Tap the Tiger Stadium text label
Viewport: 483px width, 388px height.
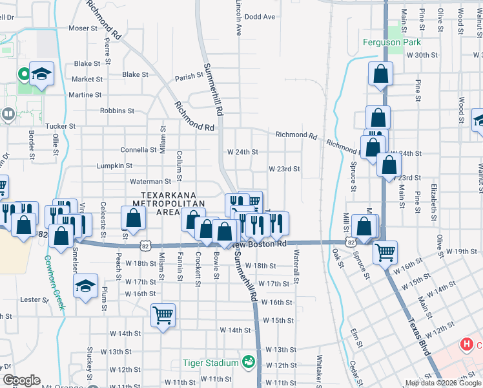[x=211, y=363]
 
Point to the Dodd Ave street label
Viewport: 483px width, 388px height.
[x=260, y=17]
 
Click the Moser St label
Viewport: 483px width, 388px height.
[x=83, y=28]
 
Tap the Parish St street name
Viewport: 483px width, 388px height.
[x=189, y=77]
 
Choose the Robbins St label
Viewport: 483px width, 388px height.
[x=112, y=111]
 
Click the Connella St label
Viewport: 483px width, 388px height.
[x=138, y=149]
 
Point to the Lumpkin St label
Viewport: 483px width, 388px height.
[x=110, y=166]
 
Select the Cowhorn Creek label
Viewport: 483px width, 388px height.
[x=56, y=283]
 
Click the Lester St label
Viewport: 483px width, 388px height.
[x=30, y=300]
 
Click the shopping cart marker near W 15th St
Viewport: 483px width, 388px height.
[x=163, y=316]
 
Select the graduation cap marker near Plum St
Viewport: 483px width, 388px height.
[x=86, y=286]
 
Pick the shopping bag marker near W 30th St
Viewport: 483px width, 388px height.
[x=381, y=74]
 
